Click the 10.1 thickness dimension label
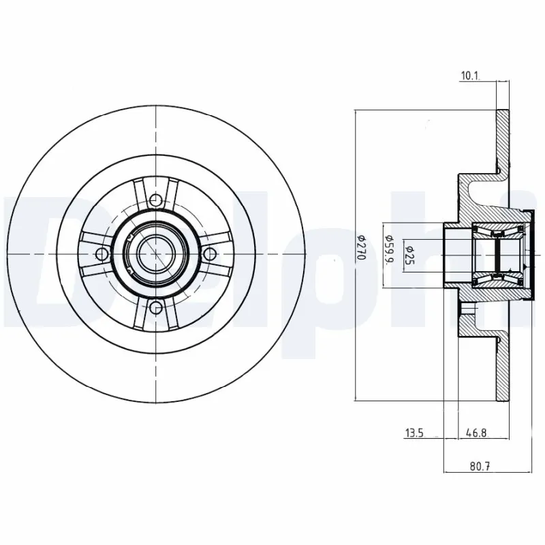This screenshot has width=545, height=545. pyautogui.click(x=470, y=76)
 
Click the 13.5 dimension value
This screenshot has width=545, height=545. pyautogui.click(x=415, y=432)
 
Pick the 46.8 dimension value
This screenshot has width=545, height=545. pyautogui.click(x=476, y=432)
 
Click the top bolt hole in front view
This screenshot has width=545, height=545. pyautogui.click(x=156, y=200)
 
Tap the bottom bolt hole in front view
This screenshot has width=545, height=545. pyautogui.click(x=156, y=308)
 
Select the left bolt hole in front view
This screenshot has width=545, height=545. pyautogui.click(x=102, y=254)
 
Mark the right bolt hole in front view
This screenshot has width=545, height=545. pyautogui.click(x=210, y=254)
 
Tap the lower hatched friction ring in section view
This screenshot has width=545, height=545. pyautogui.click(x=503, y=368)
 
